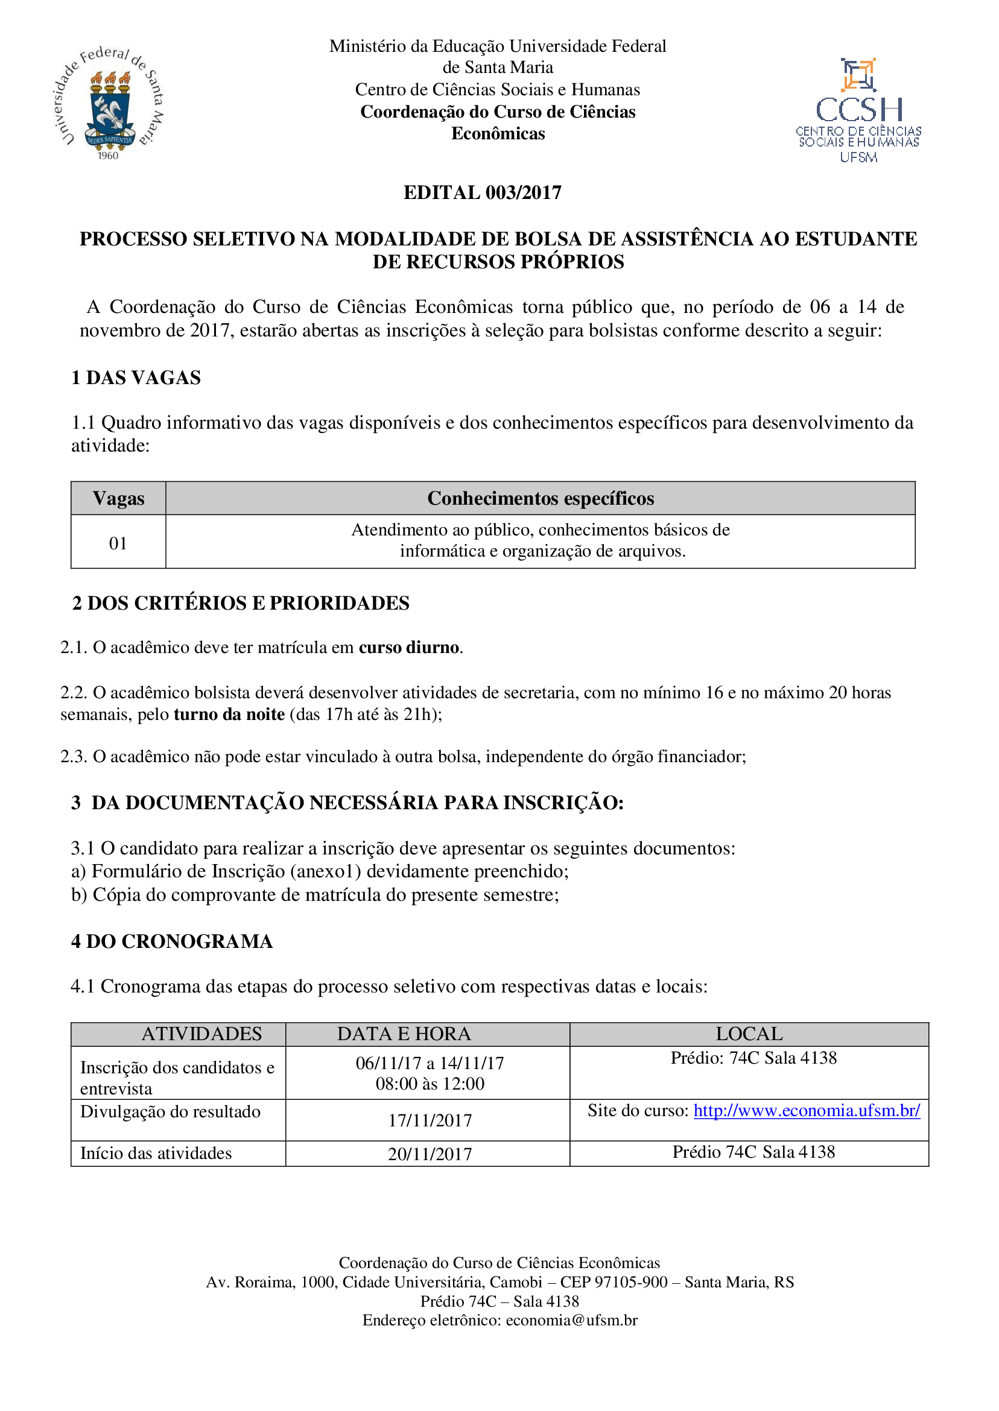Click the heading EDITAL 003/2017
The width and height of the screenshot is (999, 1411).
click(x=482, y=192)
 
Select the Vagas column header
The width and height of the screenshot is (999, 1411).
click(x=118, y=498)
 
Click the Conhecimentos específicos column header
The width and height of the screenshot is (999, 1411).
click(x=540, y=498)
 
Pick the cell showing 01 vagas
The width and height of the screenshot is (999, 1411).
click(x=118, y=543)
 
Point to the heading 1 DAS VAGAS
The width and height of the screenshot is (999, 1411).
click(x=136, y=377)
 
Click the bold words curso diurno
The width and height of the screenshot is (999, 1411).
click(x=409, y=648)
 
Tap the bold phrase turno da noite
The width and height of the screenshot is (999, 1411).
click(x=229, y=715)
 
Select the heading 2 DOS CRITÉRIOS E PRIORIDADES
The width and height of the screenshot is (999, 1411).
click(x=241, y=603)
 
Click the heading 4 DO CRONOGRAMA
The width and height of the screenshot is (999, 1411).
click(x=171, y=941)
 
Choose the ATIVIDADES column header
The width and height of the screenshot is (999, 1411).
click(x=201, y=1034)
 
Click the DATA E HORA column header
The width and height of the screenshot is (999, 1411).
click(x=404, y=1034)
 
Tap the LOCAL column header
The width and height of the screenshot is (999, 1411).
click(x=749, y=1034)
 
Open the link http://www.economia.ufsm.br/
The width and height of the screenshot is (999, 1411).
click(x=807, y=1110)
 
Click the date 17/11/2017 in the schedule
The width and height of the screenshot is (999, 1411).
click(x=430, y=1120)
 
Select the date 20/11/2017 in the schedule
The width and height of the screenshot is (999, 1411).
click(x=430, y=1154)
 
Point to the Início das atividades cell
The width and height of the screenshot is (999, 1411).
click(x=156, y=1153)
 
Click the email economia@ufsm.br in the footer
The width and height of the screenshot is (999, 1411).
click(x=571, y=1320)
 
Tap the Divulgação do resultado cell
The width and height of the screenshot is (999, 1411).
click(x=170, y=1111)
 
